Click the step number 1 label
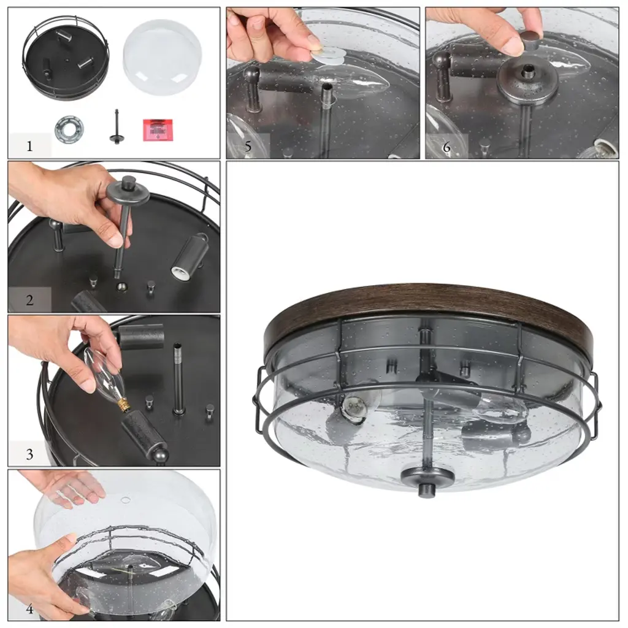click(29, 146)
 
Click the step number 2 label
click(29, 300)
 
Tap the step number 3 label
click(29, 454)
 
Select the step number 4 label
click(29, 609)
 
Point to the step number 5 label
click(248, 147)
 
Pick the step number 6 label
click(446, 147)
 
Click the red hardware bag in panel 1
click(158, 129)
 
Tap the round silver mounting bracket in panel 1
click(69, 129)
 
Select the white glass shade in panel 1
click(162, 57)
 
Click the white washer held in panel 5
click(327, 55)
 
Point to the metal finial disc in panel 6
click(528, 82)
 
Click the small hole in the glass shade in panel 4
click(125, 500)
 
